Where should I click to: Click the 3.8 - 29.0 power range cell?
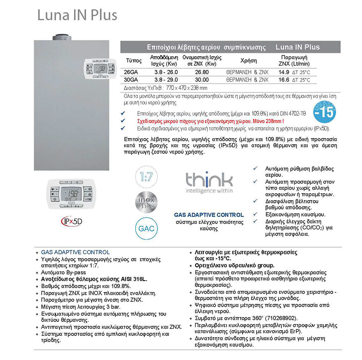[x=164, y=80]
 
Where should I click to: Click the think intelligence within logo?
[x=209, y=183]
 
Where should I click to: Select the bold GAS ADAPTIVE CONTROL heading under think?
[x=208, y=215]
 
